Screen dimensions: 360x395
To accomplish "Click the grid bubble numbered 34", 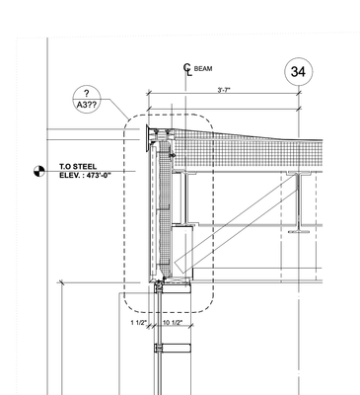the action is [x=298, y=72].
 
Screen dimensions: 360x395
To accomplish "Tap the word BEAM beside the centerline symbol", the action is [x=203, y=69].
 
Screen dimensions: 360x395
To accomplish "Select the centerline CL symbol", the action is [x=187, y=70].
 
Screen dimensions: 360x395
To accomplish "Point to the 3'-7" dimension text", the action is [x=224, y=90].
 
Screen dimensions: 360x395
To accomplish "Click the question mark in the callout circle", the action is [x=87, y=93].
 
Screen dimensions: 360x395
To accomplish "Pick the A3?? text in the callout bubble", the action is [x=87, y=105].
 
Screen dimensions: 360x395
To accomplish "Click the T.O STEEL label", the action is [x=78, y=167].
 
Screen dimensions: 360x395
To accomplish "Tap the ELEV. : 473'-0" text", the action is [x=85, y=175].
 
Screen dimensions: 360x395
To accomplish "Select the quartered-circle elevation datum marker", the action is [x=39, y=171].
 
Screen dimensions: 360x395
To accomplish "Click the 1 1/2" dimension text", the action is [x=138, y=323].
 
